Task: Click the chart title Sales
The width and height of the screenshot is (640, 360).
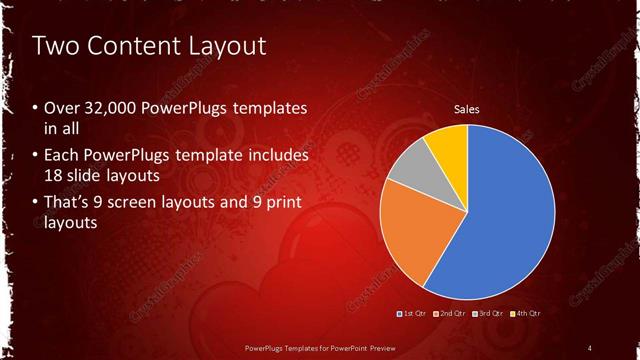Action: click(x=467, y=108)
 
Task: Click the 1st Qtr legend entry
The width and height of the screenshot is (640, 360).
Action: click(x=413, y=313)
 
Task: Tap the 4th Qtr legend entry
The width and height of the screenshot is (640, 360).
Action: click(x=526, y=313)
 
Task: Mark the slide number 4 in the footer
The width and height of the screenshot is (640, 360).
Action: click(x=590, y=348)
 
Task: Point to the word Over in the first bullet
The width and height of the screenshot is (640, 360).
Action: click(x=59, y=109)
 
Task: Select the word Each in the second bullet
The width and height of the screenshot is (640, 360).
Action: click(x=60, y=157)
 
